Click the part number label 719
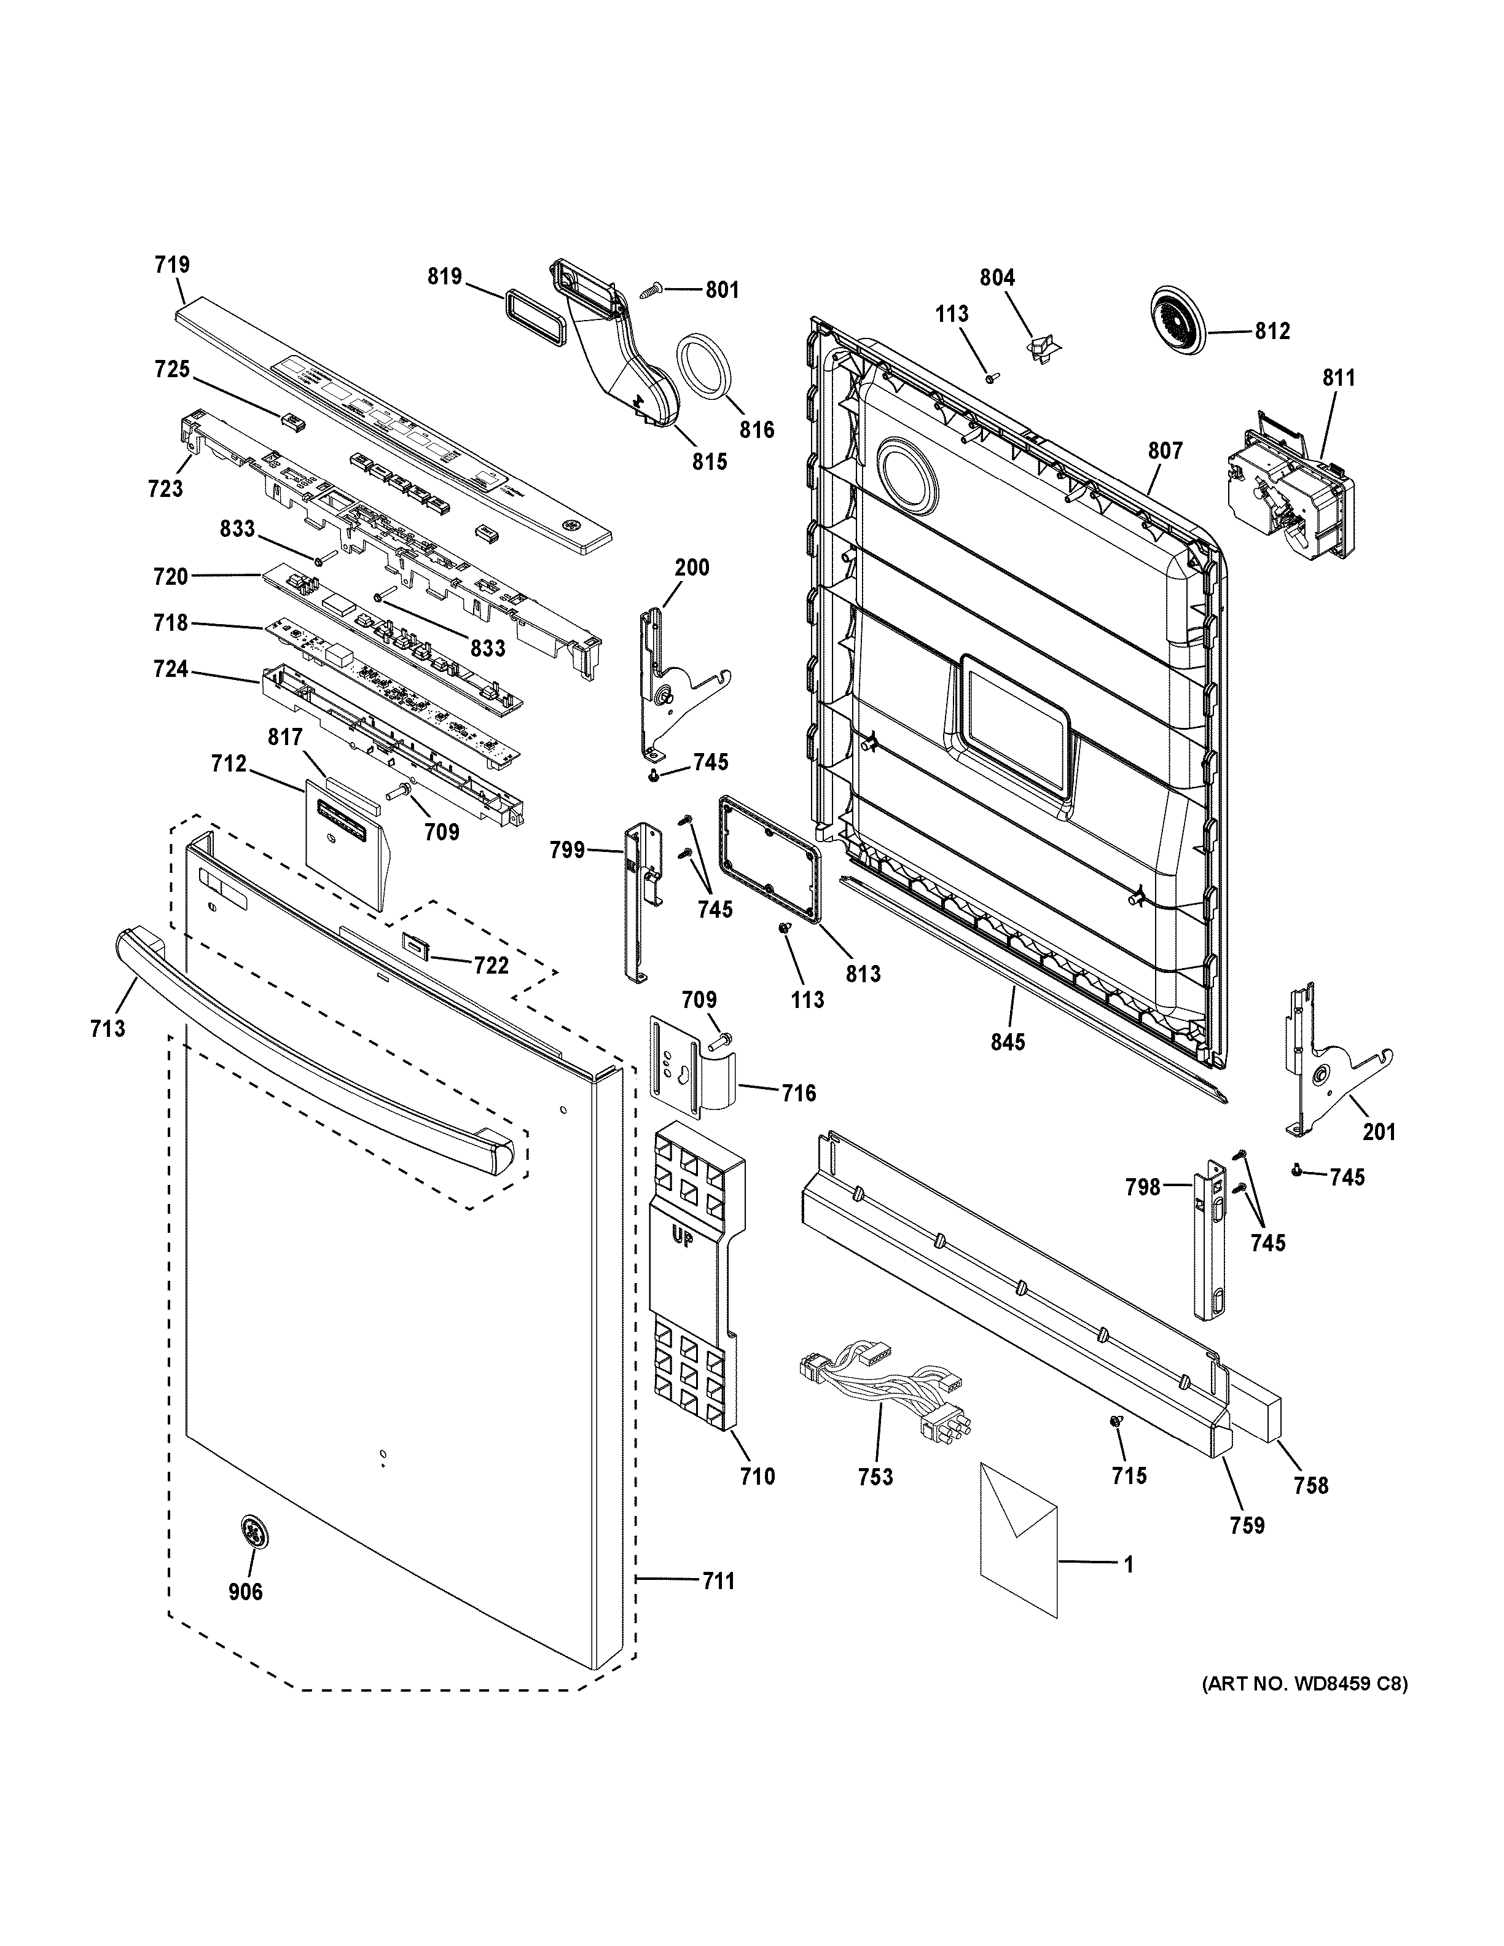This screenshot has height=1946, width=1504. point(172,265)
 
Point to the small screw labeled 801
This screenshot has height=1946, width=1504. point(651,289)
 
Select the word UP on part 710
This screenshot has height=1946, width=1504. point(681,1238)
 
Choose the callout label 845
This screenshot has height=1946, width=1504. point(1008,1041)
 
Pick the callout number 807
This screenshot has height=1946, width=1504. point(1164,451)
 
